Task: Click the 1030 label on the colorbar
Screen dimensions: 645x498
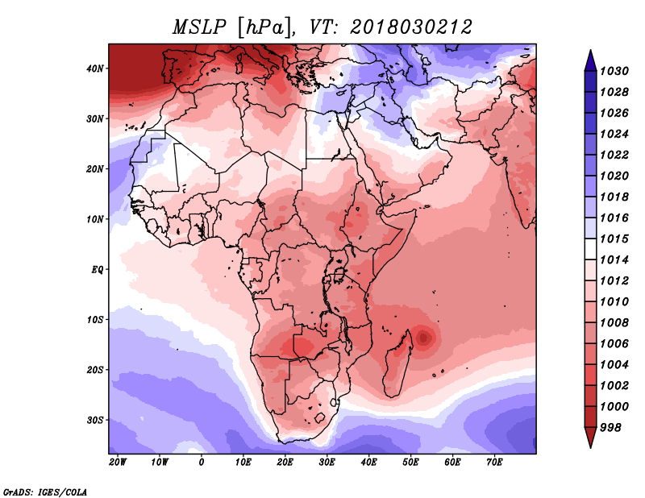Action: (x=614, y=71)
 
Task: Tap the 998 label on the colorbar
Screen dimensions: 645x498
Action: (x=610, y=428)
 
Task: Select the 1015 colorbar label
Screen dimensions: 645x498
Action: (x=614, y=239)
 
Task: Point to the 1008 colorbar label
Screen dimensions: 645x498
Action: (x=614, y=323)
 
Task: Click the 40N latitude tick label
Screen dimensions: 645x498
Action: (x=95, y=68)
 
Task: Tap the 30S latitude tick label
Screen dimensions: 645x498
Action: (x=95, y=421)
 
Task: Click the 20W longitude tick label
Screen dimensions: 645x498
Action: (x=118, y=463)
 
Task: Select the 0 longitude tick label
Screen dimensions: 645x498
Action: (x=201, y=463)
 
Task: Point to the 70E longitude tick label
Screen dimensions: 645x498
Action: (x=494, y=463)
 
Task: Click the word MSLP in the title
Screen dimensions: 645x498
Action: (x=199, y=27)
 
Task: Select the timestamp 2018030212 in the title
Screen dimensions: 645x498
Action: (x=410, y=27)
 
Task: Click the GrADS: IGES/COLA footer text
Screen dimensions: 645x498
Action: (x=45, y=492)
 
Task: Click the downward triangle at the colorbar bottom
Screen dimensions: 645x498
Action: (x=590, y=437)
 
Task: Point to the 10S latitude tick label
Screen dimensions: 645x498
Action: (x=95, y=320)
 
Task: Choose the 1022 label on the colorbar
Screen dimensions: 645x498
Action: (x=614, y=155)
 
